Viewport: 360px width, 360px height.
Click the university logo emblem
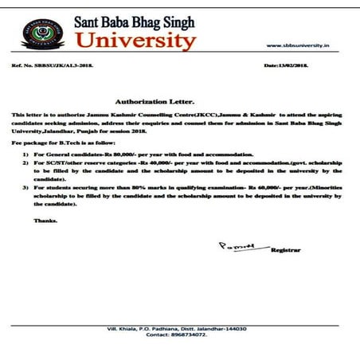pyautogui.click(x=40, y=33)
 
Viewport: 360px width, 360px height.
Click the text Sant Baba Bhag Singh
pyautogui.click(x=135, y=18)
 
